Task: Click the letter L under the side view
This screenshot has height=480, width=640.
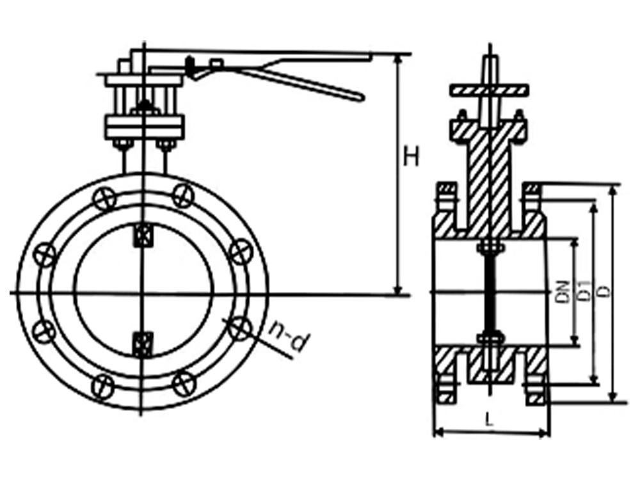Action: [489, 420]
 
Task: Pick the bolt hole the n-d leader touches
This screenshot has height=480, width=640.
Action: [240, 328]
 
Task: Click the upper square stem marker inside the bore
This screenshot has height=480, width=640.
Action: [142, 235]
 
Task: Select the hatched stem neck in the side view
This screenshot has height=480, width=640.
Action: [490, 186]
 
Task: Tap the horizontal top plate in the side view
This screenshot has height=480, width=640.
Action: [490, 89]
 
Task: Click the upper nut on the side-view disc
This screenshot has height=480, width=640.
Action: [490, 248]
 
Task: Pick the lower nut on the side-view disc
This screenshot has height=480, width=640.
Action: [490, 337]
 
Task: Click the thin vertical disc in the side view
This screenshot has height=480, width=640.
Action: [490, 292]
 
